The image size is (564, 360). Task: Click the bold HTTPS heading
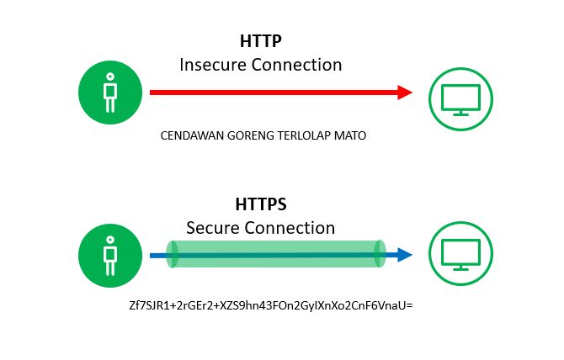coord(260,205)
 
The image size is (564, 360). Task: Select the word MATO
coord(352,135)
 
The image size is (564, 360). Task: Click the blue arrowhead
coord(405,255)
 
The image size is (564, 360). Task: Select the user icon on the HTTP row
coord(109,93)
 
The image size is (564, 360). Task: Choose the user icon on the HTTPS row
coord(109,255)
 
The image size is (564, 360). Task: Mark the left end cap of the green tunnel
coord(173,255)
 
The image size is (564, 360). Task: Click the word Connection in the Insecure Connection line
coord(298,64)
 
